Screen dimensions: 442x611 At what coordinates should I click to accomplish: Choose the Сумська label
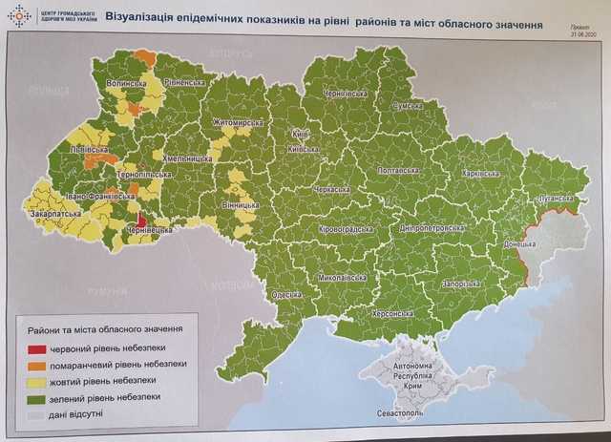click(413, 107)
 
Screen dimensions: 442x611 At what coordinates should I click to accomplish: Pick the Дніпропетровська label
click(432, 229)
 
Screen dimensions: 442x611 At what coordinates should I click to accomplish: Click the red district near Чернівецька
click(141, 220)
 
